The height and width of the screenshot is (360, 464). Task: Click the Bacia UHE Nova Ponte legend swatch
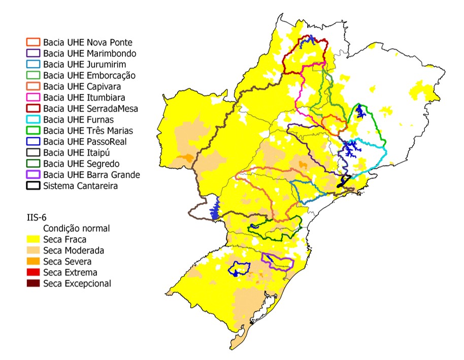pyautogui.click(x=33, y=43)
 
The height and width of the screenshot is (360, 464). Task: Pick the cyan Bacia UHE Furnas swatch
pyautogui.click(x=33, y=120)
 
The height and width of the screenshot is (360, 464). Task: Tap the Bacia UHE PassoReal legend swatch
pyautogui.click(x=33, y=142)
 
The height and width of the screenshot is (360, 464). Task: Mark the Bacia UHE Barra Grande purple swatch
pyautogui.click(x=33, y=175)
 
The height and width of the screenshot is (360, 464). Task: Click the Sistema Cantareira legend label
pyautogui.click(x=81, y=186)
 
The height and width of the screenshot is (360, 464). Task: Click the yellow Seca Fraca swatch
pyautogui.click(x=33, y=239)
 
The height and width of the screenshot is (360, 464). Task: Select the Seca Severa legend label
pyautogui.click(x=68, y=261)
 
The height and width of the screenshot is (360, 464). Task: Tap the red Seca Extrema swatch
pyautogui.click(x=33, y=273)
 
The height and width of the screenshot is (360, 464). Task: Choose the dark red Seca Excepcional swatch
pyautogui.click(x=33, y=283)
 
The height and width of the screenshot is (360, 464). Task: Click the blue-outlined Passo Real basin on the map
pyautogui.click(x=239, y=268)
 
